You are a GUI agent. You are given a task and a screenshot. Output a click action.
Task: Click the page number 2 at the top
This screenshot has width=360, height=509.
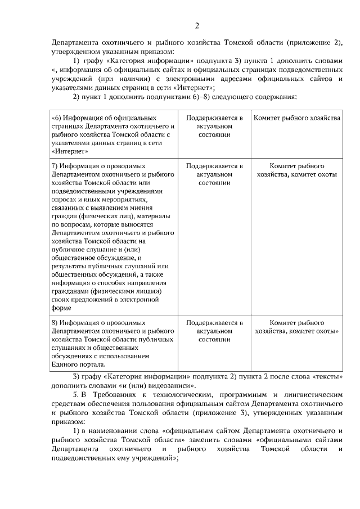(197, 25)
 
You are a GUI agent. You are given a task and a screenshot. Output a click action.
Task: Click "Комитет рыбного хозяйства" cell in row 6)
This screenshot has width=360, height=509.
(296, 119)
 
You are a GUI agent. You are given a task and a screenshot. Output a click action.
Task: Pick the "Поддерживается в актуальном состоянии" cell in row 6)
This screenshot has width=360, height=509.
(215, 127)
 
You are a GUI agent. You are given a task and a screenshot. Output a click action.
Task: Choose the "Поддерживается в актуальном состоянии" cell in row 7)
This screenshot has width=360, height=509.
(215, 175)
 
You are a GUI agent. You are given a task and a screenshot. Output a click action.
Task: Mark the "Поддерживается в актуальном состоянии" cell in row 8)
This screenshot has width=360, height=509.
(215, 331)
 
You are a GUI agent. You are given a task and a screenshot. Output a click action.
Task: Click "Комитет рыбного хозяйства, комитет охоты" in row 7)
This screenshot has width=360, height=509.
(296, 170)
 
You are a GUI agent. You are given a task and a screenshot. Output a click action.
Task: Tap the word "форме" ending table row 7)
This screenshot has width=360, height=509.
(60, 308)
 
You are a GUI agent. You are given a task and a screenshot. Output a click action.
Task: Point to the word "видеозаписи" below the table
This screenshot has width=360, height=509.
(174, 385)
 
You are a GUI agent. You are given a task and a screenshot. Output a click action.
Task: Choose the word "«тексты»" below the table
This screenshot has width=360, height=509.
(328, 376)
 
